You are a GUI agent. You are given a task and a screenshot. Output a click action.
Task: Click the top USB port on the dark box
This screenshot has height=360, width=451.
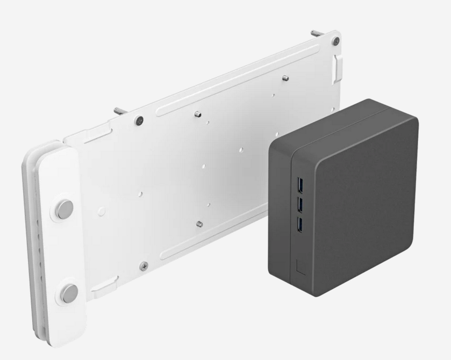coord(299,185)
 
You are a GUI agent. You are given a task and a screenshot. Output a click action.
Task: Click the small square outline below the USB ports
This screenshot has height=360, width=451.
coord(300,266)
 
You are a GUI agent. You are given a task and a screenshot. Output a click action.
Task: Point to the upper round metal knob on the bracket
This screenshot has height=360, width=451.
coord(65,207)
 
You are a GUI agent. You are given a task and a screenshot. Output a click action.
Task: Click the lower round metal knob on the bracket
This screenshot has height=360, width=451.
coord(69,293)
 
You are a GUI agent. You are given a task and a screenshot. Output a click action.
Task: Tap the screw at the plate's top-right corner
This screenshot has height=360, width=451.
coord(335,41)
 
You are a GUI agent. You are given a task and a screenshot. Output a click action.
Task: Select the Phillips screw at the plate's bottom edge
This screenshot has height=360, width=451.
coord(144,265)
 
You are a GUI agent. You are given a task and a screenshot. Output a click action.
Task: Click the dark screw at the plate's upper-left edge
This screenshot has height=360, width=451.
coord(139,120)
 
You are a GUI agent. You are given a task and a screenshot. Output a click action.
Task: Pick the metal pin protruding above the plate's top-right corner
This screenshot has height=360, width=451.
coord(317,33)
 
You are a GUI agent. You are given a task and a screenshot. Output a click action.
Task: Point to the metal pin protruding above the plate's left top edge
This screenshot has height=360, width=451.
coord(119,111)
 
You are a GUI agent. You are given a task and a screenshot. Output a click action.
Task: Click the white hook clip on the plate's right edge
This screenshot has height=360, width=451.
coord(338,67)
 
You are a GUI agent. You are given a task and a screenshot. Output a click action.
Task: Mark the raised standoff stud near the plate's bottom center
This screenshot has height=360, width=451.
coord(199,223)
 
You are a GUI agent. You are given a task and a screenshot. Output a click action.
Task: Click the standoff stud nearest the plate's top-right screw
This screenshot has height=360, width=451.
coord(285,78)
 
